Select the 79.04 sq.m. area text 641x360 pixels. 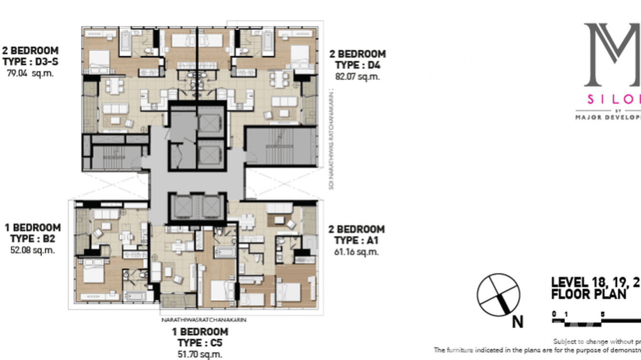[30, 74]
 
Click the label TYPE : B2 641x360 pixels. [32, 239]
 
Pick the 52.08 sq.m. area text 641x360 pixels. [32, 250]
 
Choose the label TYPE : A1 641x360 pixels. [356, 240]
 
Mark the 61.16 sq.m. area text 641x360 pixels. [356, 252]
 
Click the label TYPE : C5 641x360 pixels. [200, 343]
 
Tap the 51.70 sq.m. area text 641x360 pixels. [200, 354]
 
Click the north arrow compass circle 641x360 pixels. [498, 295]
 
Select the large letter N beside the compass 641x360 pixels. [517, 322]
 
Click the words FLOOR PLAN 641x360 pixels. [588, 294]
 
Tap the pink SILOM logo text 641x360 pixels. [614, 99]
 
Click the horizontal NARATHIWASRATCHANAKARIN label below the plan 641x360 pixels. [204, 320]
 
